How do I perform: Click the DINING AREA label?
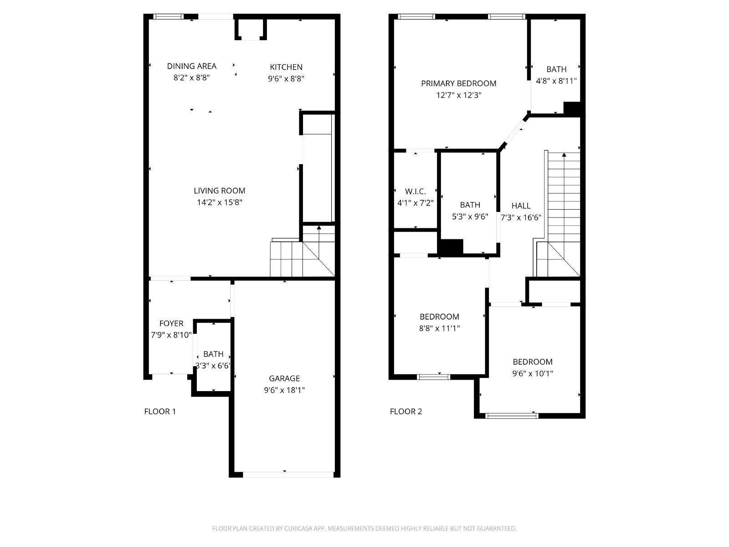click(x=192, y=66)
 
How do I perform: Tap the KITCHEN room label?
click(x=286, y=67)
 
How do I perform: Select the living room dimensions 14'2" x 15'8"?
click(x=220, y=202)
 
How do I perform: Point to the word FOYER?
click(x=171, y=323)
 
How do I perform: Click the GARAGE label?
click(x=284, y=378)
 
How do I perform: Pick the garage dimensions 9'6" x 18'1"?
click(x=284, y=390)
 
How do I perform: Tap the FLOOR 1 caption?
click(x=160, y=412)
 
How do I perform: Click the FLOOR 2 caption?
click(x=406, y=412)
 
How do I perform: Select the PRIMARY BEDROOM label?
click(x=459, y=83)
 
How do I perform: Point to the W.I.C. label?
click(x=415, y=191)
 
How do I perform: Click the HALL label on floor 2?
click(x=521, y=206)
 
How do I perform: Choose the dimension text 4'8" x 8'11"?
click(x=556, y=81)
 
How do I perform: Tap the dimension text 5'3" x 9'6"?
click(x=470, y=217)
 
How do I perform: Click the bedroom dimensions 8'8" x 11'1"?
click(x=439, y=328)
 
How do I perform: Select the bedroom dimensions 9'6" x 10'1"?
click(x=532, y=373)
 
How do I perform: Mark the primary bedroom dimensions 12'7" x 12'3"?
click(x=459, y=95)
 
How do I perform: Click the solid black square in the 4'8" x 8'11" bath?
click(x=572, y=108)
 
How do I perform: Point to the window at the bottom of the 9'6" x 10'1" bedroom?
click(x=512, y=415)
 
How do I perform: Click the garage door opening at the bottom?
click(x=288, y=475)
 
